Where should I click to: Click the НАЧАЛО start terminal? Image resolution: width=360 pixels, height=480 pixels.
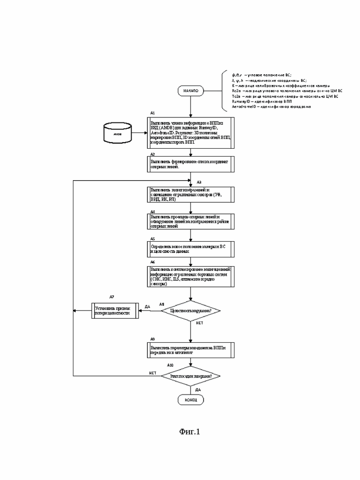190,91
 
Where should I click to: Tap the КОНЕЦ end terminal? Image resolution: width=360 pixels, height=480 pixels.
190,400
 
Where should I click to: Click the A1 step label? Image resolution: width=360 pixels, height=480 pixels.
153,114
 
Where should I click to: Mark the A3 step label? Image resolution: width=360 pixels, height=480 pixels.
199,182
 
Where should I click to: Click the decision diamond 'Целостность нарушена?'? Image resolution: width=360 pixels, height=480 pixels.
191,310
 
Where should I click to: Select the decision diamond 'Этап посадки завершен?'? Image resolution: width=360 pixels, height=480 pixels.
191,377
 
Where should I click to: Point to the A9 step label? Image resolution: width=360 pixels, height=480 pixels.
153,339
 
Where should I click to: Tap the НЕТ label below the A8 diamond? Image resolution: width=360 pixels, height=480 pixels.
199,323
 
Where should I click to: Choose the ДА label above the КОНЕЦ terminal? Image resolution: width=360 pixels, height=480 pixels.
198,389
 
